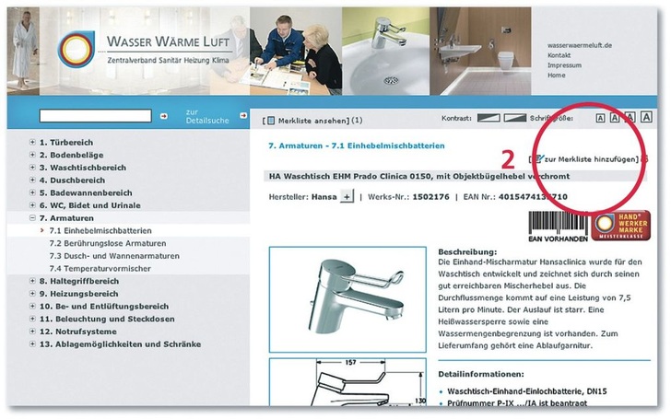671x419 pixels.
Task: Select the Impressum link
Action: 564,65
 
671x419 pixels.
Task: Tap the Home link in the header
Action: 556,76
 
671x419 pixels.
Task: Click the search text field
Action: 95,116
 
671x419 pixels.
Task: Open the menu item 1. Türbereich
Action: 65,142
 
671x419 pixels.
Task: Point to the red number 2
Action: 506,157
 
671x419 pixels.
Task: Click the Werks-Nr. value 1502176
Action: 430,197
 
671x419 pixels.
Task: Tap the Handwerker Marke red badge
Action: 620,226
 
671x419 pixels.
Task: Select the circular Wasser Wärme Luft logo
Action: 77,50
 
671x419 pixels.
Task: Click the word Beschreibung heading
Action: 467,251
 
